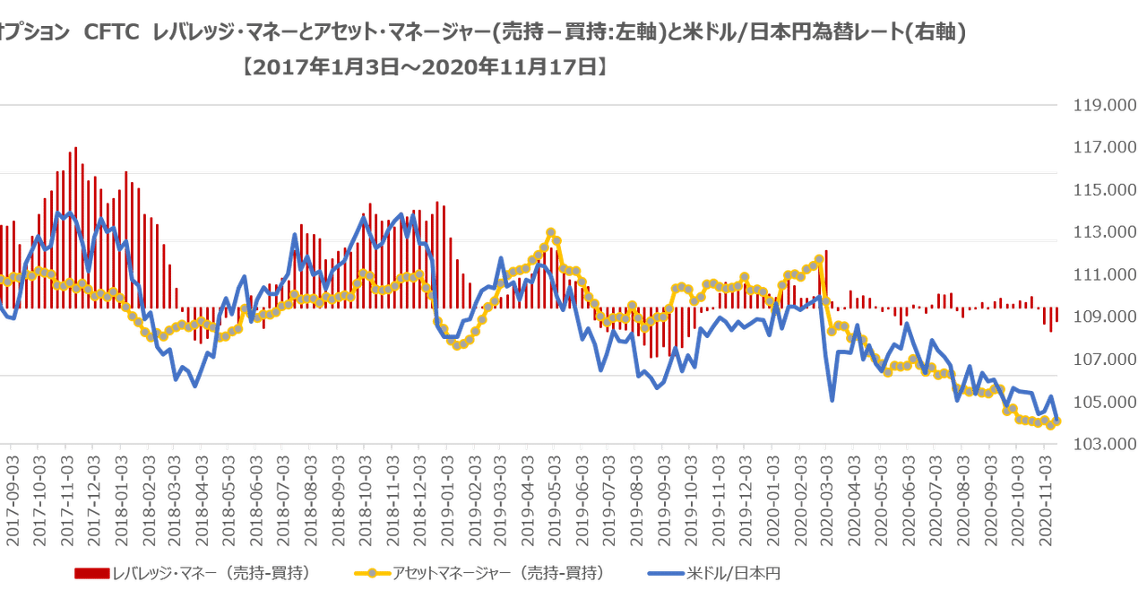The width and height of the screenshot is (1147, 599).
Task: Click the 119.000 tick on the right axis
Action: click(x=1103, y=105)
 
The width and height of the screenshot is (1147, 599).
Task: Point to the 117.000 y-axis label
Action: click(x=1103, y=147)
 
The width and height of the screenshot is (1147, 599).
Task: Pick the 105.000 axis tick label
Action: click(x=1103, y=401)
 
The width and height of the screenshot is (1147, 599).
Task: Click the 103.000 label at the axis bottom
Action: click(x=1103, y=443)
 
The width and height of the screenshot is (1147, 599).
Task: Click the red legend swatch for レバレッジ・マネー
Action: click(x=91, y=572)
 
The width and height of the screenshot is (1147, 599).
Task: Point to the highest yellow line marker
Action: click(x=551, y=232)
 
